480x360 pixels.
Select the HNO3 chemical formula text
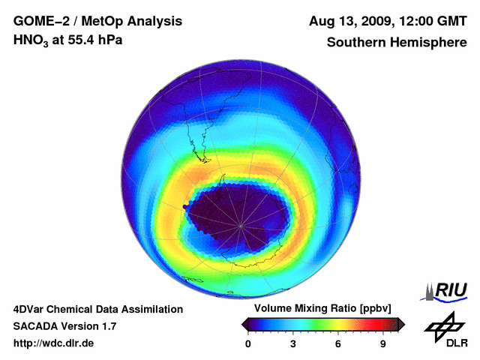(x=31, y=40)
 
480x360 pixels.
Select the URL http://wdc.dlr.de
(x=54, y=343)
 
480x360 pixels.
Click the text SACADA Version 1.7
(x=64, y=326)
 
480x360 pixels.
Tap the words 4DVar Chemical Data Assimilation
(x=97, y=309)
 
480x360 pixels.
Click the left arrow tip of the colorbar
(x=244, y=324)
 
